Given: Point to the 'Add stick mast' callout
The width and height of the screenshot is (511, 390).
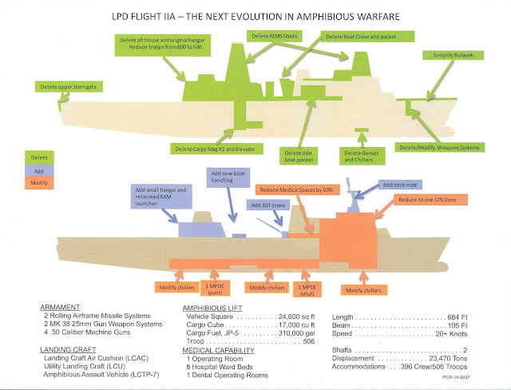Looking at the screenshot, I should (x=398, y=184).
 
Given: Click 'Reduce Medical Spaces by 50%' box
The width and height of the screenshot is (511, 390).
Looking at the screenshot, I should (x=296, y=190).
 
